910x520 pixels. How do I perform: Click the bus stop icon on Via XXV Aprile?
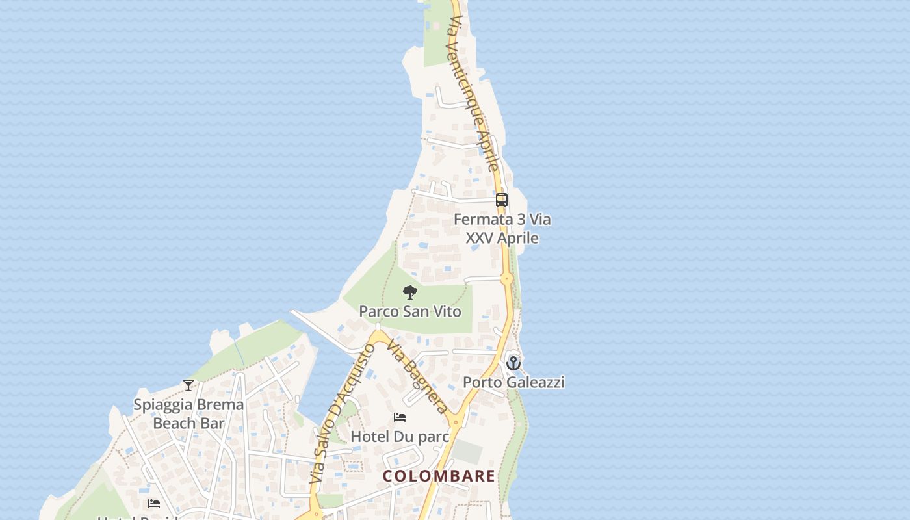click(x=502, y=200)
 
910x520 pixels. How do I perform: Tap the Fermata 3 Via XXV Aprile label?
click(x=502, y=229)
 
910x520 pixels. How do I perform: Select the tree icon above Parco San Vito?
click(x=409, y=292)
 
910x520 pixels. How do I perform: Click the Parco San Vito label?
click(x=410, y=311)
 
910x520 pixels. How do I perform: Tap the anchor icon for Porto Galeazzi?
click(x=513, y=363)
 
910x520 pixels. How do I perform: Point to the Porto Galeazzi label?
click(x=513, y=382)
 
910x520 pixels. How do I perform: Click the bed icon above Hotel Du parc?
click(x=400, y=417)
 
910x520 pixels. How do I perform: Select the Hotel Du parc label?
click(x=400, y=436)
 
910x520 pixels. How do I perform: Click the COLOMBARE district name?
click(x=439, y=476)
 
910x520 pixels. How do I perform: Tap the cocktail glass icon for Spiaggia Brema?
click(x=188, y=385)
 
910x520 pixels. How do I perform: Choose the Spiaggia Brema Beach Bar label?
click(x=188, y=413)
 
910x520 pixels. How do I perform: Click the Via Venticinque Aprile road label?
click(x=473, y=94)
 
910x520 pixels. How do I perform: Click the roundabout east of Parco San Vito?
click(x=507, y=279)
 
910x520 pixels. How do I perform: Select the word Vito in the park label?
click(x=446, y=311)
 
